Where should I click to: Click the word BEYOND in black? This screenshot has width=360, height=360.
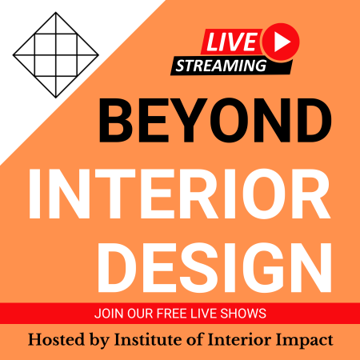tap(215, 120)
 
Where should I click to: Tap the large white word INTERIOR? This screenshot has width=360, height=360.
tap(180, 194)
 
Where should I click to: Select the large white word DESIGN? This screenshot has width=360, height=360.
tap(215, 267)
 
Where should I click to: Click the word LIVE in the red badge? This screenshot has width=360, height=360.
tap(231, 42)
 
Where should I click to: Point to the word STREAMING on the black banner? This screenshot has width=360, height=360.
tap(221, 66)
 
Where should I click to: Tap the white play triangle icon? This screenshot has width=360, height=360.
tap(282, 42)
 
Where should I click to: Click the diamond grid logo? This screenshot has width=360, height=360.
tap(56, 55)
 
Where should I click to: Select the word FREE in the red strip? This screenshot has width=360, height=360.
tap(170, 314)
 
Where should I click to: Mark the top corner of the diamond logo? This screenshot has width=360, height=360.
tap(56, 12)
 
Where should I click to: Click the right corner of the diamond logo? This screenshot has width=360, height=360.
tap(98, 55)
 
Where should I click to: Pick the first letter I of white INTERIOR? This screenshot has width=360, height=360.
tap(34, 194)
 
